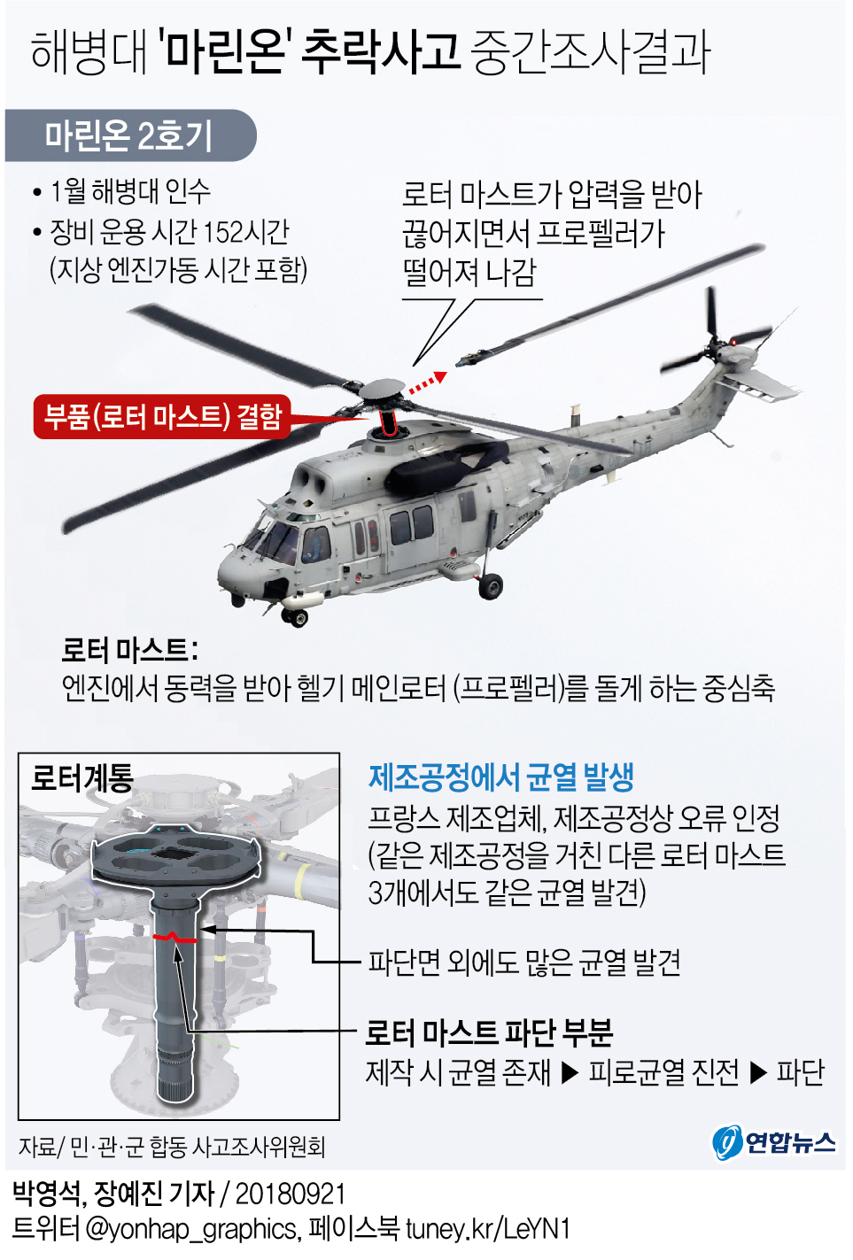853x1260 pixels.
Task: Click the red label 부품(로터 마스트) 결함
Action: click(162, 416)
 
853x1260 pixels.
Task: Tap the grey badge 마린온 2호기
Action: click(130, 135)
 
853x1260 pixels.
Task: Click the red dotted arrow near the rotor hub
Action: click(427, 382)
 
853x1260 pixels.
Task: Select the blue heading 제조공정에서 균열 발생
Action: click(501, 777)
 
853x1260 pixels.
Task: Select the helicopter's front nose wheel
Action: click(296, 617)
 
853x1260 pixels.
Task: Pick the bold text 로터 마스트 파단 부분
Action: click(488, 1032)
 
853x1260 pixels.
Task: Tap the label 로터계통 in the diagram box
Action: click(81, 778)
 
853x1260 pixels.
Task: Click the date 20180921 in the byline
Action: click(291, 1194)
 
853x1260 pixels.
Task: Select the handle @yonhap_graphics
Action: click(190, 1230)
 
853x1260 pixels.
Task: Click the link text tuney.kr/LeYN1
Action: click(487, 1229)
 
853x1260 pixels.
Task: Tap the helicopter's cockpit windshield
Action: click(274, 539)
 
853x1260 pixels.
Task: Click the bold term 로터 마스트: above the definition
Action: click(130, 650)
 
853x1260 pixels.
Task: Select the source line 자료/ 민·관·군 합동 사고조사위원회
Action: click(172, 1146)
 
